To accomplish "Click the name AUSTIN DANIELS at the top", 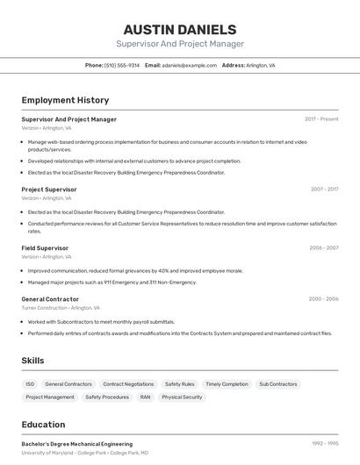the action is [x=180, y=29].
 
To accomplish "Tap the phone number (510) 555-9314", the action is [x=122, y=65].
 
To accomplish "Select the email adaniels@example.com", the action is [x=189, y=65].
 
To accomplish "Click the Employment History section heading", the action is [x=65, y=100].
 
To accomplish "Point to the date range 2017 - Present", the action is [x=321, y=118].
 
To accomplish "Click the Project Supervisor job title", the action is [x=49, y=189].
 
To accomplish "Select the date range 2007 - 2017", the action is [x=324, y=189].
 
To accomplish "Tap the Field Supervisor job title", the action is [x=45, y=247].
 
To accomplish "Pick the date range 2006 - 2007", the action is [x=324, y=247].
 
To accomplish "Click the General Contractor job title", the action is [x=50, y=299].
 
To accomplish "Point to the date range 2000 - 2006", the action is [x=323, y=299].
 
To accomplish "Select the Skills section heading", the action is [x=32, y=361].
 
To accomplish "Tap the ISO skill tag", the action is [x=30, y=384].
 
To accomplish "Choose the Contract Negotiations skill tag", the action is [x=128, y=384].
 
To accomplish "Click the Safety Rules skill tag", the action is [x=180, y=384].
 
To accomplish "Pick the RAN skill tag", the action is [x=145, y=397].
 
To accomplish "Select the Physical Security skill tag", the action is [x=182, y=397].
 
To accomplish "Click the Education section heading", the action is [x=43, y=425].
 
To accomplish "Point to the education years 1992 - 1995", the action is [x=325, y=444].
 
